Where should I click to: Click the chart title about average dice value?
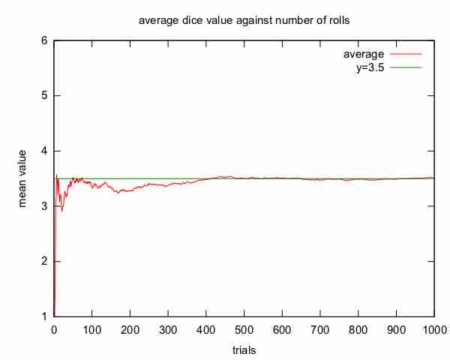(x=244, y=20)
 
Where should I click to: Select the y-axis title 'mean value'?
(x=24, y=178)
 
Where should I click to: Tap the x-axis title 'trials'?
(x=244, y=349)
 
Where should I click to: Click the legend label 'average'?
(x=364, y=55)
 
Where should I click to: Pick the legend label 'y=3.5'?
(x=370, y=67)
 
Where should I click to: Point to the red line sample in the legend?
(x=406, y=55)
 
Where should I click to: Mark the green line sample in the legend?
(x=406, y=67)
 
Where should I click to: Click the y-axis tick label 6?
(x=45, y=40)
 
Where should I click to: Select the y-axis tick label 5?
(x=45, y=95)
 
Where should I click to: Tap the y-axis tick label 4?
(x=45, y=151)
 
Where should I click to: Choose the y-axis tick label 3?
(x=45, y=206)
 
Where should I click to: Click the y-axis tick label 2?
(x=45, y=261)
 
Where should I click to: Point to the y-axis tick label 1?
(x=45, y=316)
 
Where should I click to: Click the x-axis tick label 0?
(x=54, y=329)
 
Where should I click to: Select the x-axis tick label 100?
(x=92, y=329)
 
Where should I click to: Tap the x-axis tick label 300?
(x=168, y=329)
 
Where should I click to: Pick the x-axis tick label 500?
(x=244, y=329)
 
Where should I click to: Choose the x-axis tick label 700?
(x=320, y=329)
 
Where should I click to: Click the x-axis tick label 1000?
(x=434, y=329)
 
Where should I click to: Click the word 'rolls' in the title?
(x=337, y=20)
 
